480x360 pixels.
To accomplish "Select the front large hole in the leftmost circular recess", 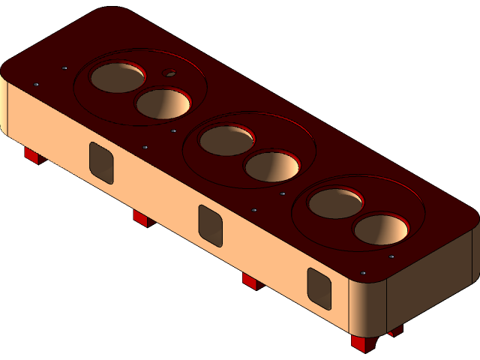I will [x=163, y=103].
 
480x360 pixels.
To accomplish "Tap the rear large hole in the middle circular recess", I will [x=226, y=141].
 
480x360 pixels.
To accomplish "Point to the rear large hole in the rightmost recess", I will [x=335, y=203].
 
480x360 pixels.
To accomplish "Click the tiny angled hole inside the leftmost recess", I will [x=170, y=73].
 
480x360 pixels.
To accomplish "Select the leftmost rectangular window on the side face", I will [x=101, y=162].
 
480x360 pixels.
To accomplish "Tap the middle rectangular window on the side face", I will [x=211, y=225].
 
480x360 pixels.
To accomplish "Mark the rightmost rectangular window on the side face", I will [x=319, y=289].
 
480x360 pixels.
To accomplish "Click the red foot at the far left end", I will [x=31, y=155].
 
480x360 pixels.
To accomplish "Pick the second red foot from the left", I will [x=142, y=218].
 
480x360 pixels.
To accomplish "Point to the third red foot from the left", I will [x=250, y=281].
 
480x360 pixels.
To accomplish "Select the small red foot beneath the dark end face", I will [x=395, y=329].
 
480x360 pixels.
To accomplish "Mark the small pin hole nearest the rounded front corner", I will [x=363, y=272].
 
